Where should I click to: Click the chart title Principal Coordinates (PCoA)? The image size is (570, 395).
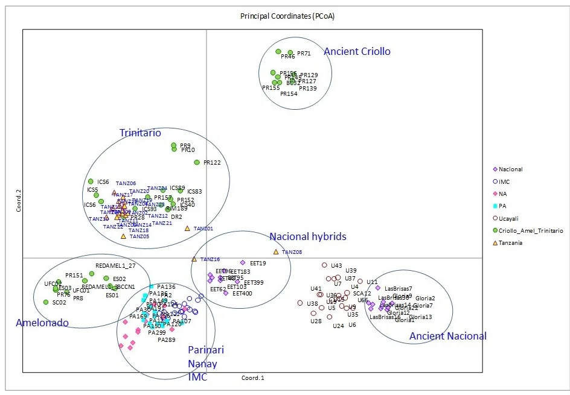[x=283, y=16]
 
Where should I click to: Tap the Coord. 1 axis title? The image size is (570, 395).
[x=252, y=378]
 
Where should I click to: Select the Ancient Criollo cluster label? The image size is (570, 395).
[x=357, y=52]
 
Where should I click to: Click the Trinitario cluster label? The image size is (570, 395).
[x=140, y=133]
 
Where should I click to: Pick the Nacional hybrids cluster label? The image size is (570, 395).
[x=308, y=236]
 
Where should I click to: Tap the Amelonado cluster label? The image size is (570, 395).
[x=42, y=323]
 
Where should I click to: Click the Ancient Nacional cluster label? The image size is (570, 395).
[x=447, y=336]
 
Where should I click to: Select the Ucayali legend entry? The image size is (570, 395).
[x=508, y=218]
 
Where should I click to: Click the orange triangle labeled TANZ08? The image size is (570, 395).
[x=276, y=251]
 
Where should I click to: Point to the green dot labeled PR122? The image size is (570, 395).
[x=196, y=162]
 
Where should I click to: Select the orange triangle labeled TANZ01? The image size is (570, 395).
[x=187, y=228]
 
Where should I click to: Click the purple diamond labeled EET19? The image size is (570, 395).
[x=243, y=262]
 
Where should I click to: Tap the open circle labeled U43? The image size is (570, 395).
[x=324, y=265]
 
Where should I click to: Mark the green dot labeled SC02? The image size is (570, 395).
[x=45, y=302]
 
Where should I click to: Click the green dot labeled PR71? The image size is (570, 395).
[x=290, y=53]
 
